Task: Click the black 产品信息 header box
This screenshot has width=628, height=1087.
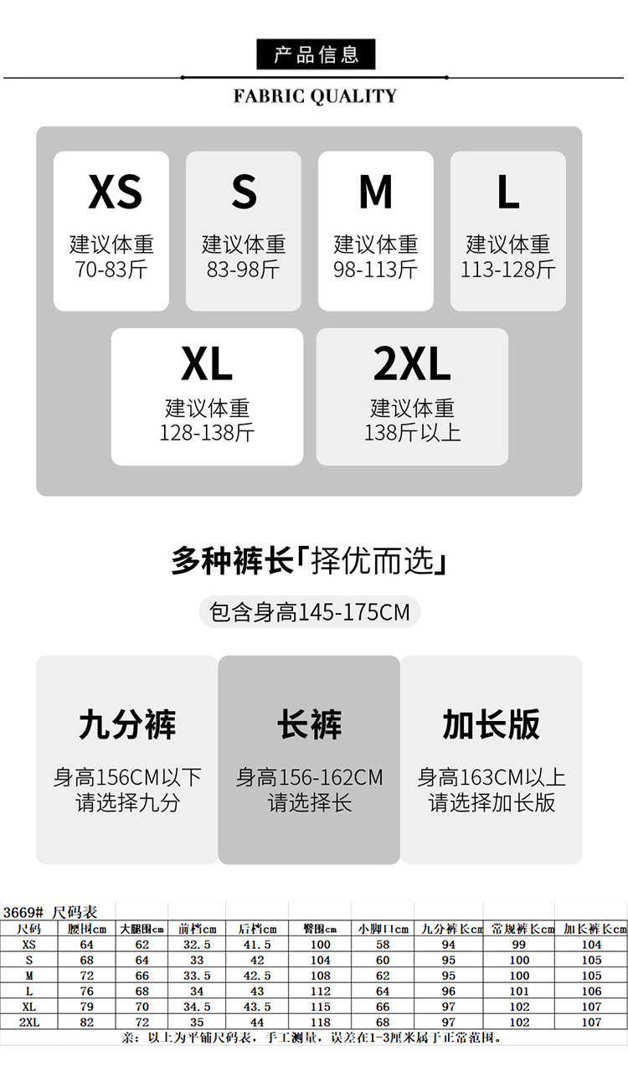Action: coord(316,54)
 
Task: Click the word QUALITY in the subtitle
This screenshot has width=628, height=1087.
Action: coord(353,96)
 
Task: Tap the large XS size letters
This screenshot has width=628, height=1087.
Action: coord(115,193)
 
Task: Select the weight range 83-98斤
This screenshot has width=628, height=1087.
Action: coord(243,270)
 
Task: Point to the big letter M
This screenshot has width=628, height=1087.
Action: coord(375,193)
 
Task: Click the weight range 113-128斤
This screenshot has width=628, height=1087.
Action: coord(507,270)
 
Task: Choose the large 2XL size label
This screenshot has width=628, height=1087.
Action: coord(412,363)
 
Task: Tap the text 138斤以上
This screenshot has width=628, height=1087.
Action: coord(412,433)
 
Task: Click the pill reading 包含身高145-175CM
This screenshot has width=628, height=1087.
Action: coord(309,612)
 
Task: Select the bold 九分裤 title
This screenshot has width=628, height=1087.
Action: coord(127,725)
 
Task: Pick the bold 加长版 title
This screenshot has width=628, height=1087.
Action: coord(491,725)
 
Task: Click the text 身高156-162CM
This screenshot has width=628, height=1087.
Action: coord(309,778)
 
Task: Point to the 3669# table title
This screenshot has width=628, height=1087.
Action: coord(50,912)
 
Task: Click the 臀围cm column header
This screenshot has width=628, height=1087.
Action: coord(319,929)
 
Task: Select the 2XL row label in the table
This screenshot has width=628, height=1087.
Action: coord(28,1023)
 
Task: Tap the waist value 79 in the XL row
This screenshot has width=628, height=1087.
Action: coord(86,1007)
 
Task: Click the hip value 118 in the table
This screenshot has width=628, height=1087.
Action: coord(319,1023)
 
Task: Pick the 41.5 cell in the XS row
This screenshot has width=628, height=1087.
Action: coord(257,945)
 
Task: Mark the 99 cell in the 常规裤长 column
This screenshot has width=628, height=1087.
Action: coord(518,945)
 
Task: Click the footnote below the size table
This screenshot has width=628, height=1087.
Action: coord(311,1038)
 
